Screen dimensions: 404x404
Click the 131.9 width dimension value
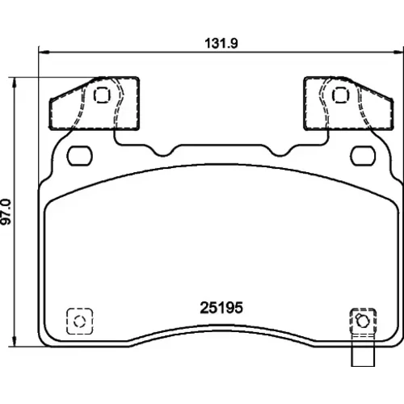point(221,44)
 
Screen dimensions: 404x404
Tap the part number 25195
point(221,308)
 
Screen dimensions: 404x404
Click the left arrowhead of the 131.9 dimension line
point(43,51)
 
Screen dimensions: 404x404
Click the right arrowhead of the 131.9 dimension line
point(399,52)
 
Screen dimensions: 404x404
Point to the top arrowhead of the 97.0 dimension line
point(15,82)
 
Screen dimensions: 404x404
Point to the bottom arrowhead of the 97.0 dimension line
point(15,342)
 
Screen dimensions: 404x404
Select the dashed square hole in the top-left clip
point(102,95)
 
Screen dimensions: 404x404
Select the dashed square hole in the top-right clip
point(341,95)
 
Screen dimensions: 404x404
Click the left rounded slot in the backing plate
point(80,156)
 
